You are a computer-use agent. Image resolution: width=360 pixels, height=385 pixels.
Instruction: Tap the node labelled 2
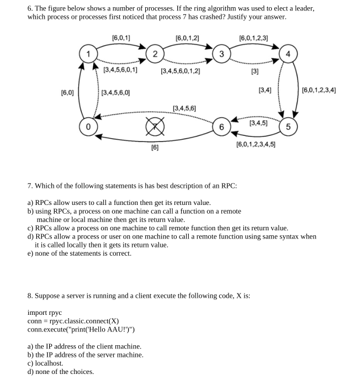tap(156, 54)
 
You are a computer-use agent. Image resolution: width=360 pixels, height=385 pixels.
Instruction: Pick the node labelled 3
tap(221, 54)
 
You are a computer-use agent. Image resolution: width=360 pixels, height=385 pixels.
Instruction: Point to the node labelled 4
tap(288, 54)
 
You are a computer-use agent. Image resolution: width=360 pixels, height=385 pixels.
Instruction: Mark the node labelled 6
tap(221, 127)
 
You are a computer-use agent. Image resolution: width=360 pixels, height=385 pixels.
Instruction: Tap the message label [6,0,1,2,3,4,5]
tap(256, 145)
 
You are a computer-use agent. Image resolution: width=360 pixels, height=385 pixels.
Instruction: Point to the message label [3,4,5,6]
tap(184, 108)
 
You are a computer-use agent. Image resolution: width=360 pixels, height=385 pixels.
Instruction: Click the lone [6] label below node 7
tap(156, 148)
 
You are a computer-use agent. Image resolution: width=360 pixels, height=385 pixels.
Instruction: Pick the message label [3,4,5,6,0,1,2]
tap(180, 71)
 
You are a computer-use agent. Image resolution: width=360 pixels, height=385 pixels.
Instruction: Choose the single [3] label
tap(255, 71)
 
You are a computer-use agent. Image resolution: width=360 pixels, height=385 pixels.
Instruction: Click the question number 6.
tap(30, 8)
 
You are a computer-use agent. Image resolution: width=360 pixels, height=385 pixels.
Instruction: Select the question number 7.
tap(30, 185)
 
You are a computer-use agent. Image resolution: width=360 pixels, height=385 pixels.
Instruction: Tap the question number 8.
tap(30, 296)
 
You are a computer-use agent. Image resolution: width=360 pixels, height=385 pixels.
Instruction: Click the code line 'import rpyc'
tap(45, 313)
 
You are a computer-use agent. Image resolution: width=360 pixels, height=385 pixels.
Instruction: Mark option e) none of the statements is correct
tap(80, 253)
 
